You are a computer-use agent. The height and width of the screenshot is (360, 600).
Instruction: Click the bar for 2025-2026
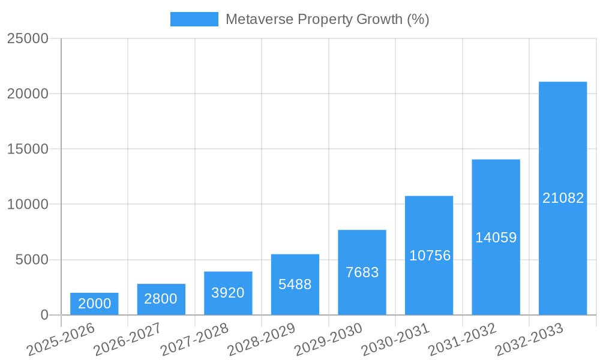coord(94,304)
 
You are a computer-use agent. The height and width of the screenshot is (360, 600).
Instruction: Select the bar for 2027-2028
coord(228,293)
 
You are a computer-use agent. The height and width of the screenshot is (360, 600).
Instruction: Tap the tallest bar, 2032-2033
coord(562,198)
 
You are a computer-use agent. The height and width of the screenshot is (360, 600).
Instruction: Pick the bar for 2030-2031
coord(428,255)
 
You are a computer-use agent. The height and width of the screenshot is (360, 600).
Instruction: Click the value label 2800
coord(161,299)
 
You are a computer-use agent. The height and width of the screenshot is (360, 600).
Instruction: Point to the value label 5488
coord(295,284)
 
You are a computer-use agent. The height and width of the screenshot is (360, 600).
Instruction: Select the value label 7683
coord(362,272)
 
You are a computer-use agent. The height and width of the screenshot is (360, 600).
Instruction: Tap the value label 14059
coord(496,238)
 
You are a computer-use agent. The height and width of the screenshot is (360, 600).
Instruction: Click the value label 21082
coord(563,198)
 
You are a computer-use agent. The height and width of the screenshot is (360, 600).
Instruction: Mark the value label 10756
coord(429,256)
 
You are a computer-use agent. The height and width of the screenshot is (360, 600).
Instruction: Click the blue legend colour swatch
coord(194,19)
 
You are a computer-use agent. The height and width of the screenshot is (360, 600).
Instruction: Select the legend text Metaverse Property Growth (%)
coord(327,19)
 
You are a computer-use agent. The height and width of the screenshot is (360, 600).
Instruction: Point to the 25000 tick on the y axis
coord(28,38)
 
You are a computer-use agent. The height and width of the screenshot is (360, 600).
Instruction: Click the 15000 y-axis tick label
coord(28,149)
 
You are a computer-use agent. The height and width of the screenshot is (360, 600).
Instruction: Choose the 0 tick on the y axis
coord(44,315)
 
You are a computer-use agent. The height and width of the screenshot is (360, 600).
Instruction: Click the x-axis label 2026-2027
coord(127,340)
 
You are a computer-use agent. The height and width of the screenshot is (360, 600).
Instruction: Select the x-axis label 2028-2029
coord(261,340)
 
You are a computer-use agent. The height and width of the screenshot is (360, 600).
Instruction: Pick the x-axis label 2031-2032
coord(462,340)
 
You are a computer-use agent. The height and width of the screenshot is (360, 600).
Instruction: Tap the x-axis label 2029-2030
coord(328,340)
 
